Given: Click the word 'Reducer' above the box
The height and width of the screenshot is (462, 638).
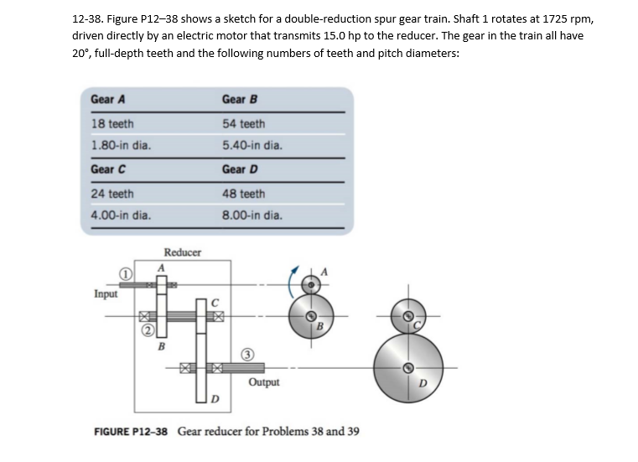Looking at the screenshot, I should pos(181,252).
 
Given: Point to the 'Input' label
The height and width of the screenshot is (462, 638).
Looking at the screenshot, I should pos(106,295).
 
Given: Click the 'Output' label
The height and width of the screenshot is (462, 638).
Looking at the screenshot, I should pos(264,382).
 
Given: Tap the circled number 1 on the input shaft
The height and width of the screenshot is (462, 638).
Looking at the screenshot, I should pos(122,273).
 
